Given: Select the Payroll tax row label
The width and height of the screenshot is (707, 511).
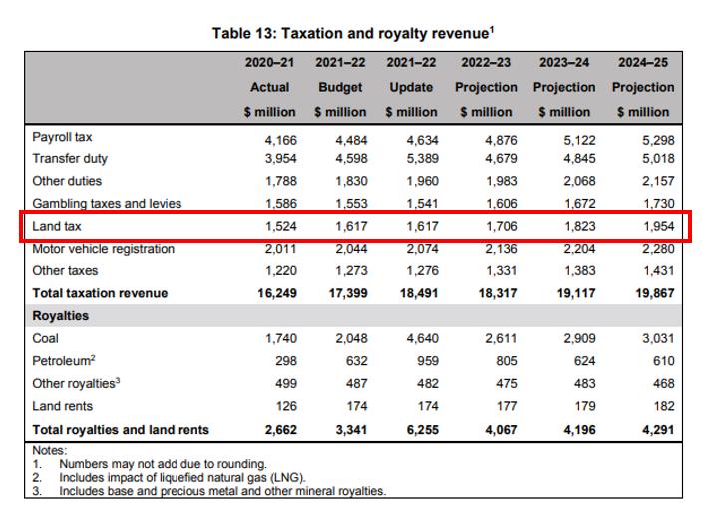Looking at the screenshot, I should click(62, 137).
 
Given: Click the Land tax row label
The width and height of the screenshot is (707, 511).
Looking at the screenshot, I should click(57, 227).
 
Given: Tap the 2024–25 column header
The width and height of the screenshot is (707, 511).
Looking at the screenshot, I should click(643, 62).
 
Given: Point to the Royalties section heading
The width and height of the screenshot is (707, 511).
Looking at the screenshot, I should click(60, 316).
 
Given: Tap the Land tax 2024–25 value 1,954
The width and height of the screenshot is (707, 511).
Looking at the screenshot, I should click(657, 227).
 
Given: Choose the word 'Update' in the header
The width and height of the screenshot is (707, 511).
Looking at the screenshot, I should click(411, 87).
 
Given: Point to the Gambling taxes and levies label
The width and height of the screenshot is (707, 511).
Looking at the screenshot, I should click(107, 204).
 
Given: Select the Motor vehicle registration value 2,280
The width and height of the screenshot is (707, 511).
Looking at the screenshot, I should click(657, 249).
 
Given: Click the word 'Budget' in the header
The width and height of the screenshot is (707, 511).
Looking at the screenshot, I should click(340, 87).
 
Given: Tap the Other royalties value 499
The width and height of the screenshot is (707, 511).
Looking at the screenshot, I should click(284, 384).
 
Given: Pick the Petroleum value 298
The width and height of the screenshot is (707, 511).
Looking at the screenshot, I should click(284, 361).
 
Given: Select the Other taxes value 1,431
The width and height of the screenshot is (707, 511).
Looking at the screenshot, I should click(657, 271).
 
